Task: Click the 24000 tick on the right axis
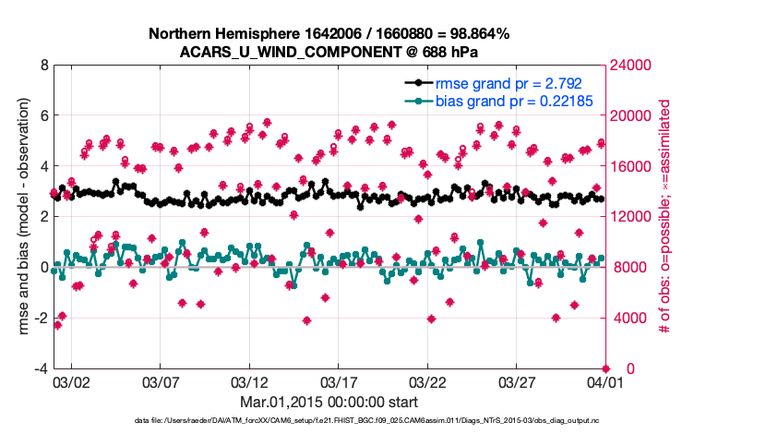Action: click(631, 66)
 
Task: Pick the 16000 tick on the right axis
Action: click(631, 167)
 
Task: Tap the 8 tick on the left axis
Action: click(42, 66)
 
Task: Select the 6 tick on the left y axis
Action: click(42, 116)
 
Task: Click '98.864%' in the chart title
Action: click(478, 33)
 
